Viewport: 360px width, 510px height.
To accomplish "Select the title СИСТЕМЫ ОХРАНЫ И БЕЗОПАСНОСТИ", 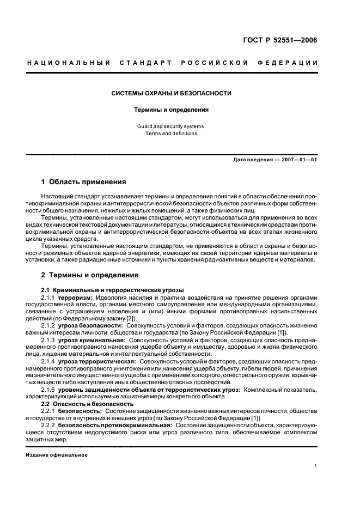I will [x=172, y=93].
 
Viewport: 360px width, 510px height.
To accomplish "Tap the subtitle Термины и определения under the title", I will [x=172, y=110].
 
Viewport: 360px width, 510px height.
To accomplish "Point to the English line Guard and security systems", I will [x=172, y=126].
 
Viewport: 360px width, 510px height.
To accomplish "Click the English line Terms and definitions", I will [x=172, y=133].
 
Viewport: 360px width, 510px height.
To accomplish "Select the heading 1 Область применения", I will [x=84, y=181].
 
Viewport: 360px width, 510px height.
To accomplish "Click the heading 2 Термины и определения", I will [x=90, y=275].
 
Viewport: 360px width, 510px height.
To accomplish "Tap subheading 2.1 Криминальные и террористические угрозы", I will [x=113, y=289].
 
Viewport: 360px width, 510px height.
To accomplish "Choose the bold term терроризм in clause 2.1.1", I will [x=76, y=297].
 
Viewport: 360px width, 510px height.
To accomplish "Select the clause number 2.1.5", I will [x=48, y=390].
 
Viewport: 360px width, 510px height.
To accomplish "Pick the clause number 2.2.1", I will [x=48, y=411].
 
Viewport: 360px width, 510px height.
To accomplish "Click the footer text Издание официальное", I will [x=57, y=456].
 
